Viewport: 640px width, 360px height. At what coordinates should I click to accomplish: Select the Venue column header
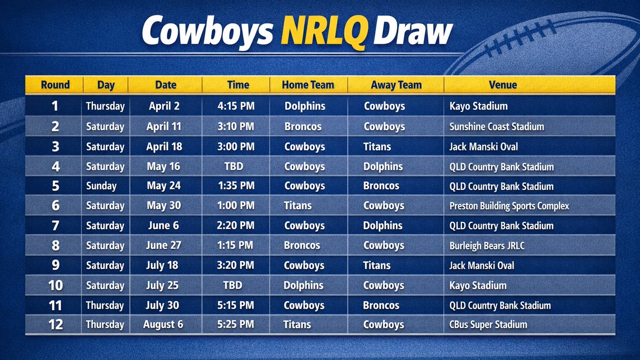tap(502, 85)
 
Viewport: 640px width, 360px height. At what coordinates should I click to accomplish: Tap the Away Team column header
tap(396, 85)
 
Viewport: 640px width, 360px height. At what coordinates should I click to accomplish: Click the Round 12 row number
tap(55, 324)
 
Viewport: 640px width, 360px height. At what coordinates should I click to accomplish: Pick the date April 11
tap(164, 126)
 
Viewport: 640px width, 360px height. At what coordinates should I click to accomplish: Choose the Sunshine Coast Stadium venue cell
tap(497, 126)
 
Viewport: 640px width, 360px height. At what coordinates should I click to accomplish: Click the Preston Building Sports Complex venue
tap(509, 206)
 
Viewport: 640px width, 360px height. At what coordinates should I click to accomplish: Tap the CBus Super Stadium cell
tap(489, 324)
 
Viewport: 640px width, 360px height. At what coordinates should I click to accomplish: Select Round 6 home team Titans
tap(298, 206)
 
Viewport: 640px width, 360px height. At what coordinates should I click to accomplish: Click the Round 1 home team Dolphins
tap(305, 106)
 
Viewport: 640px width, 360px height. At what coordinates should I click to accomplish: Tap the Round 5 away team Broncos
tap(381, 186)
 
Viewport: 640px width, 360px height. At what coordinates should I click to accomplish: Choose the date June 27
tap(164, 246)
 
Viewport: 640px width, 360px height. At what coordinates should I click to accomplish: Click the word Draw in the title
tap(412, 32)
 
